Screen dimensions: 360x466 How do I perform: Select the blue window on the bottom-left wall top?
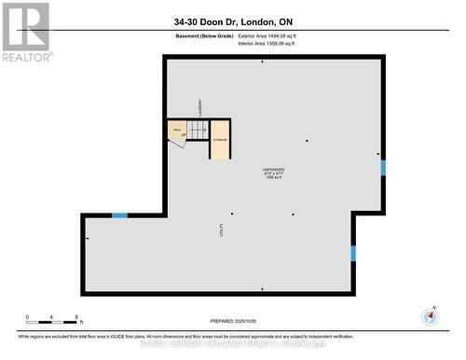click(119, 215)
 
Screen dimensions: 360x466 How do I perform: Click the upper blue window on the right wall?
click(382, 167)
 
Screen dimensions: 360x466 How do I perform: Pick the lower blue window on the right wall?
click(353, 253)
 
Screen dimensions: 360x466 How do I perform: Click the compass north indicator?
click(430, 315)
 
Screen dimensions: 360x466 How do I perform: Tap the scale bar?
click(53, 324)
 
